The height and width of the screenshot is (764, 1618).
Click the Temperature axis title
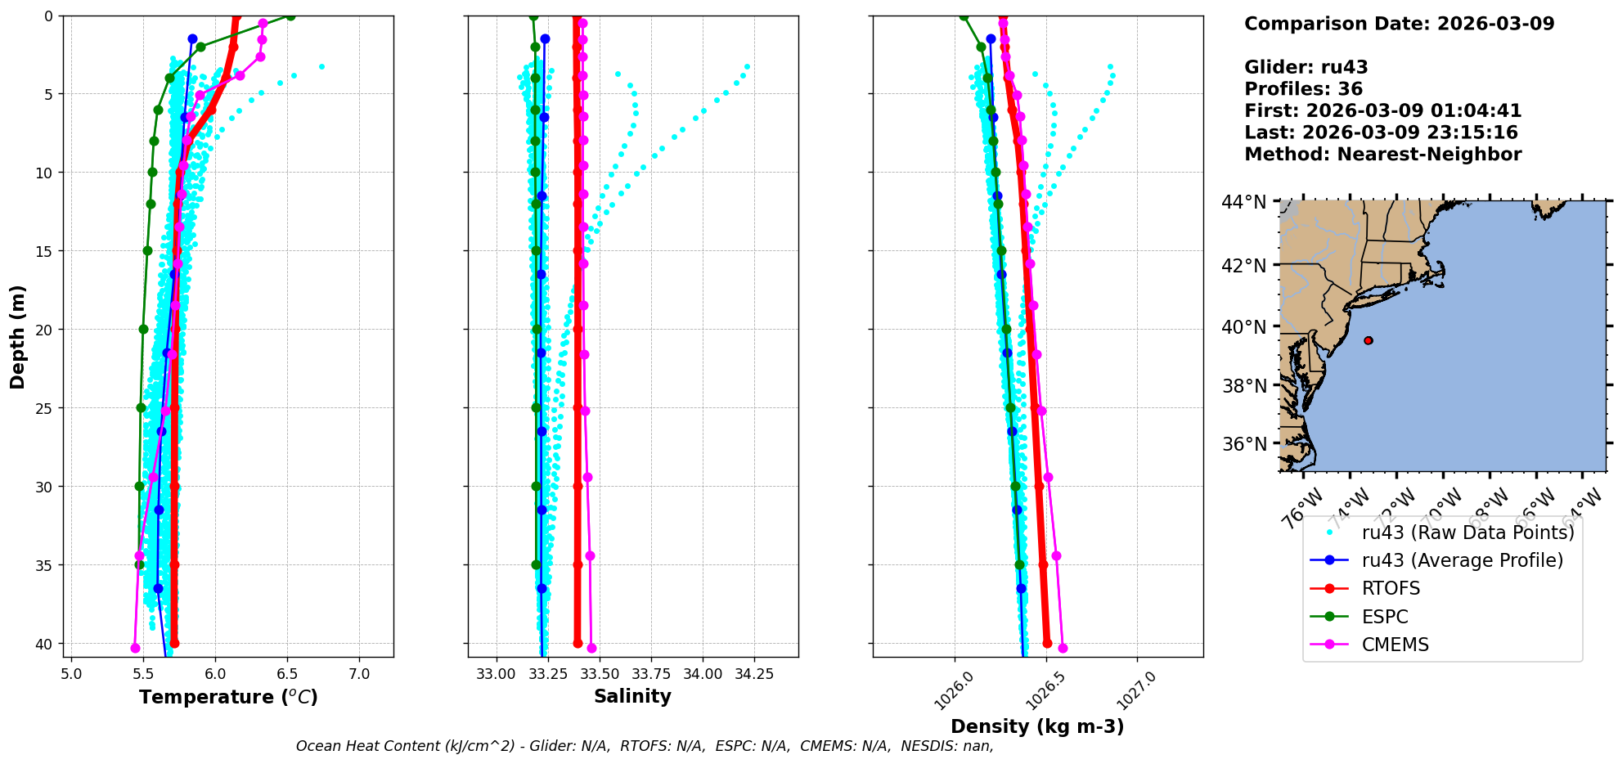click(228, 697)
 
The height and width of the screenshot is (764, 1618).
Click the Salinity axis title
click(632, 696)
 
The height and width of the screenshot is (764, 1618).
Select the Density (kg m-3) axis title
click(1037, 726)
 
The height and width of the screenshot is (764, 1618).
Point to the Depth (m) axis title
click(18, 336)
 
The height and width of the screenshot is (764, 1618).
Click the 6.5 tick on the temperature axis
click(287, 674)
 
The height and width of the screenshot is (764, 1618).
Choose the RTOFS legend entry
click(1391, 588)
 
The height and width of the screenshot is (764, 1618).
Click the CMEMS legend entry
click(1395, 645)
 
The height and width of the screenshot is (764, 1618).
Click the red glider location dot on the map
click(1369, 340)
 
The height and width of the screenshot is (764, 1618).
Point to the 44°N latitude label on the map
click(1243, 202)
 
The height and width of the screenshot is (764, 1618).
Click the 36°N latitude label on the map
click(1243, 444)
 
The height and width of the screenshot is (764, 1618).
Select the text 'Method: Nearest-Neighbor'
click(1382, 155)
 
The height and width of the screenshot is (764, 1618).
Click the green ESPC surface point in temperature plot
click(290, 16)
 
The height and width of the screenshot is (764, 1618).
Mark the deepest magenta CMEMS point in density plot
click(1063, 648)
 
